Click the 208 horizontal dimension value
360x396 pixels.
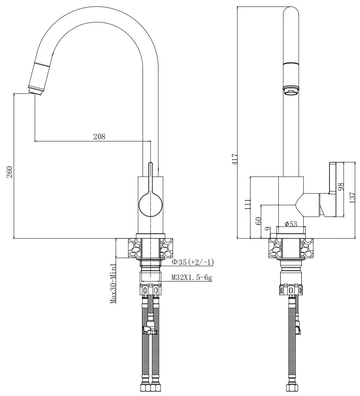(99, 136)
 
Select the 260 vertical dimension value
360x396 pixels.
(10, 172)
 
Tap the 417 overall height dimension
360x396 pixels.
(235, 158)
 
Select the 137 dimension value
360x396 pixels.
(352, 197)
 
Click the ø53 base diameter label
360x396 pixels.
(291, 224)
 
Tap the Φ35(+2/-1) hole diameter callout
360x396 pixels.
(193, 262)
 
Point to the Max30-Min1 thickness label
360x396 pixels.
(113, 283)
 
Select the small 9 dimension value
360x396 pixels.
(267, 229)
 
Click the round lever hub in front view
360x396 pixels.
(151, 204)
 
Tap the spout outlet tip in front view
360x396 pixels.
(35, 91)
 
